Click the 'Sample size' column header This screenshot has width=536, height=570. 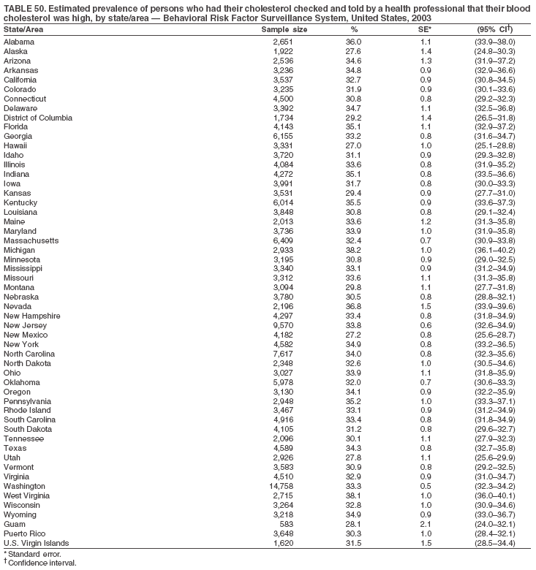[x=284, y=29]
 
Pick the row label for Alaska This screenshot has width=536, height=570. [x=16, y=52]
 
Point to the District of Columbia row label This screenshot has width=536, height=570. [x=38, y=117]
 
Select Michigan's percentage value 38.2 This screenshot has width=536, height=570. [x=354, y=249]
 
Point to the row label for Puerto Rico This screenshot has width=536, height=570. [x=24, y=533]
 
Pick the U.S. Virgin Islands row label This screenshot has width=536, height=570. [x=37, y=543]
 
